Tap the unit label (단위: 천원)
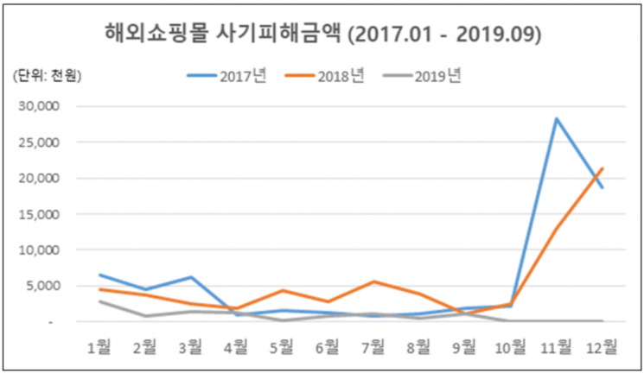[x=46, y=76]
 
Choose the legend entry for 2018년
[x=324, y=76]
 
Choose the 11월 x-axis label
[x=556, y=347]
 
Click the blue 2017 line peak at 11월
[x=558, y=118]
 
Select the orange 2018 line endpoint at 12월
[x=603, y=168]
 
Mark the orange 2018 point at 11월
[x=558, y=228]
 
